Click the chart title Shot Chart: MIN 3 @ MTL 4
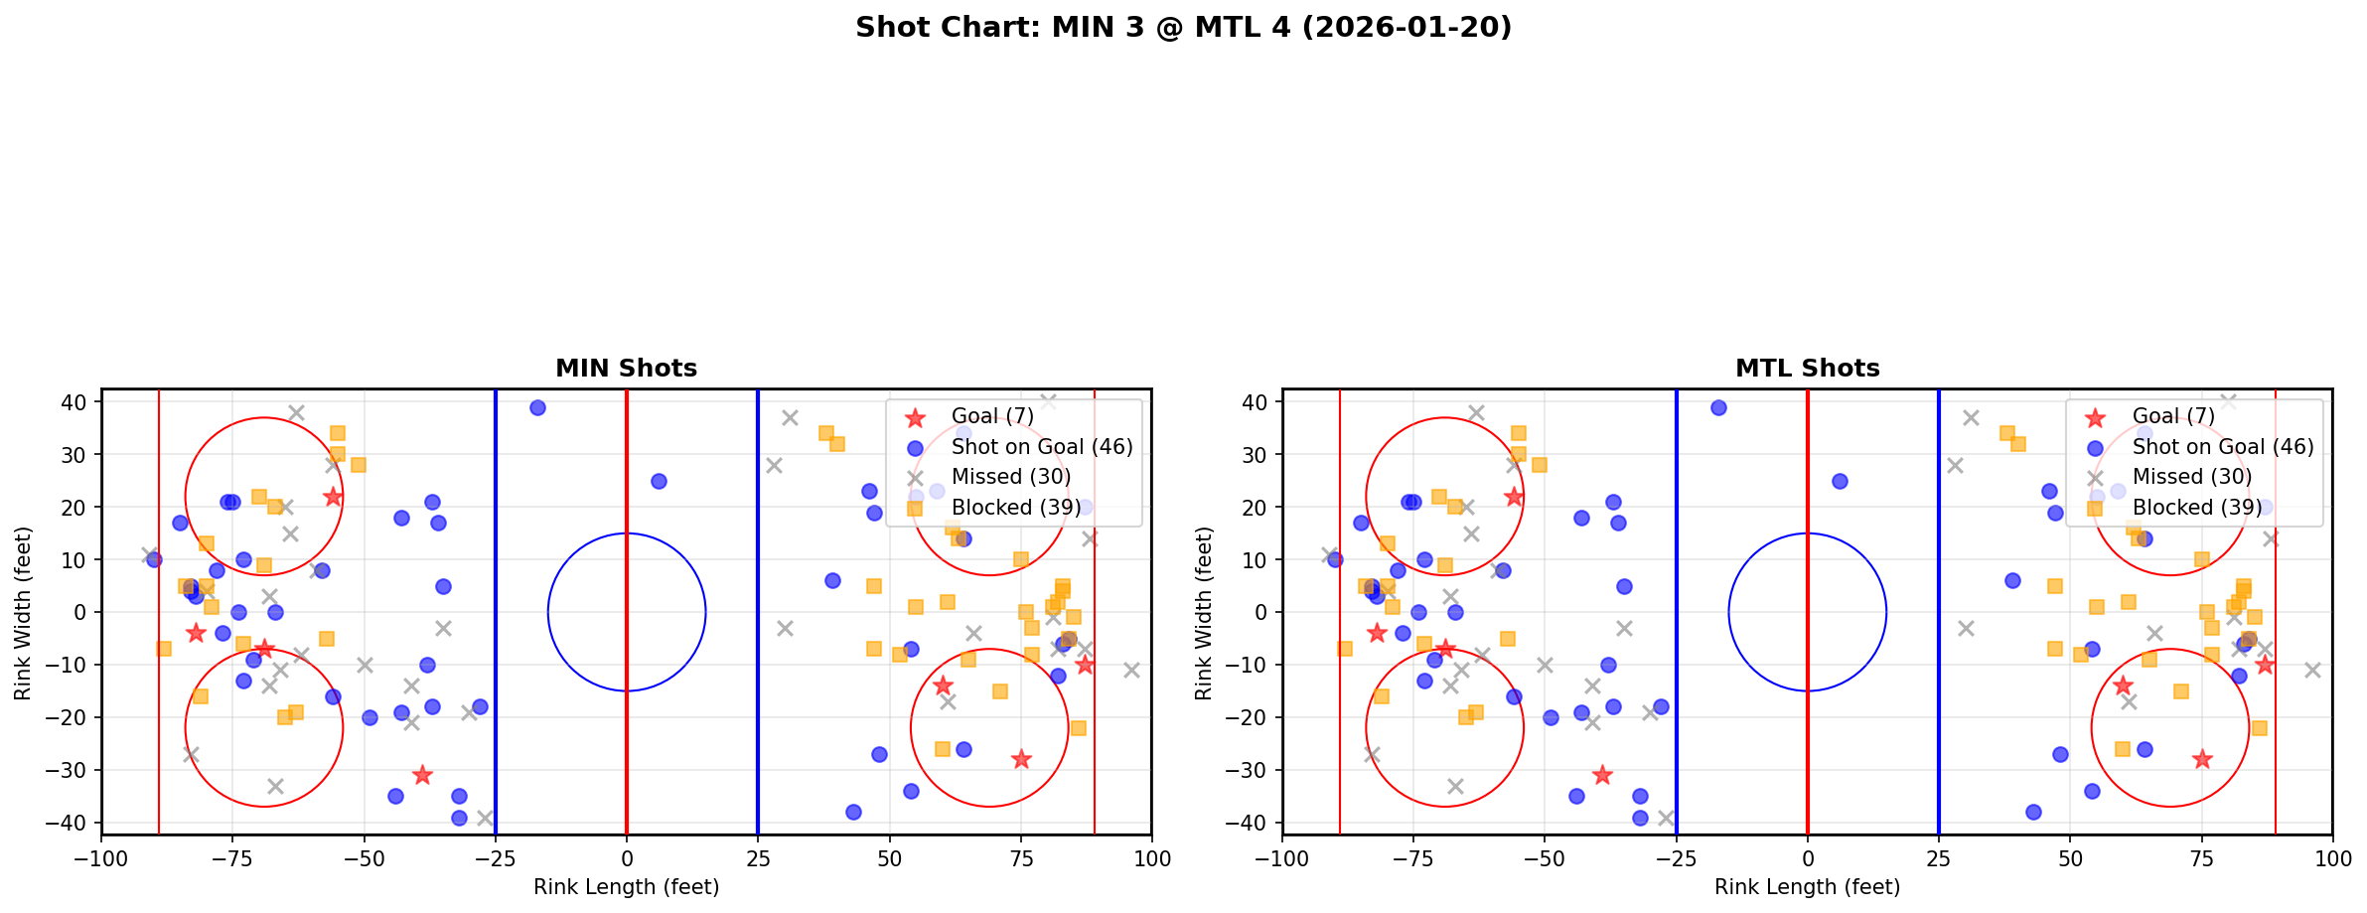1183,27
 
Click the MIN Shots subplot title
626,369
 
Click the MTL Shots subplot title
1807,369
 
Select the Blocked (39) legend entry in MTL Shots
2196,508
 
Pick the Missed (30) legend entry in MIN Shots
1010,477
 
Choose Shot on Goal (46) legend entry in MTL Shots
2222,447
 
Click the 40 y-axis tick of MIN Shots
75,402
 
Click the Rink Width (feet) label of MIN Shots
23,613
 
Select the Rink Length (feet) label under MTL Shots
1807,887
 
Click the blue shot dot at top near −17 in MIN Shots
537,407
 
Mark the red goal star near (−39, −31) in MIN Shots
422,775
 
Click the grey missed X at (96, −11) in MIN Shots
1130,670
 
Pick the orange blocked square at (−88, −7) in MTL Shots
1345,649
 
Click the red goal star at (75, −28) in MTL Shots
2201,759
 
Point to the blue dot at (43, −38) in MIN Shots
852,812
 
